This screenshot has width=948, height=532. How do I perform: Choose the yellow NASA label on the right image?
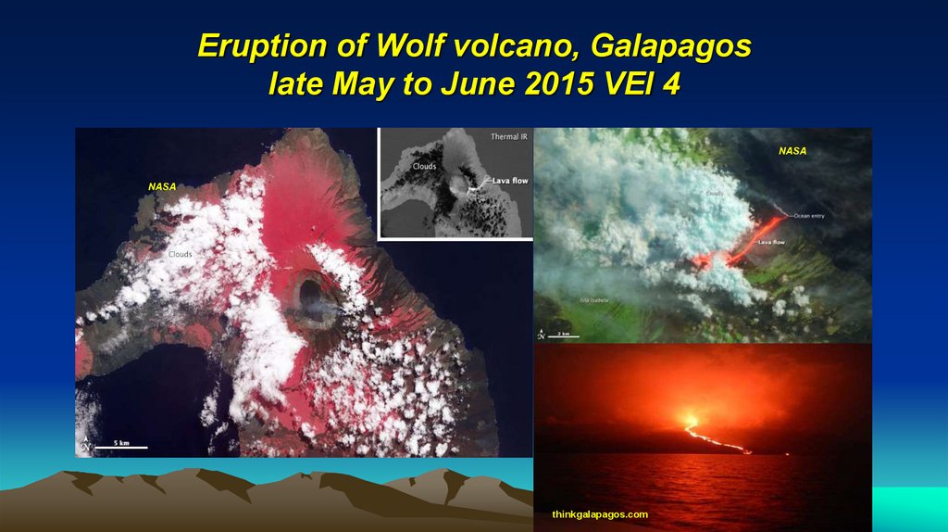pyautogui.click(x=792, y=150)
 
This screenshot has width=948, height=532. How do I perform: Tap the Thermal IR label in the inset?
pyautogui.click(x=508, y=137)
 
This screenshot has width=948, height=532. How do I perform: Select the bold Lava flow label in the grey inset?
pyautogui.click(x=509, y=181)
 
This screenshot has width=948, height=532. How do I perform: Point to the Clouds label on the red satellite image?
pyautogui.click(x=181, y=253)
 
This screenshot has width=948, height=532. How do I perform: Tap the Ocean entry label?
pyautogui.click(x=810, y=216)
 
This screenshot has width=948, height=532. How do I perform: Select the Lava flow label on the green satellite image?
pyautogui.click(x=772, y=242)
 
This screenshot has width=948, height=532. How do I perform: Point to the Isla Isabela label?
pyautogui.click(x=595, y=299)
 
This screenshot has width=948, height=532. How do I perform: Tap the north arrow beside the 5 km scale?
pyautogui.click(x=86, y=444)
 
